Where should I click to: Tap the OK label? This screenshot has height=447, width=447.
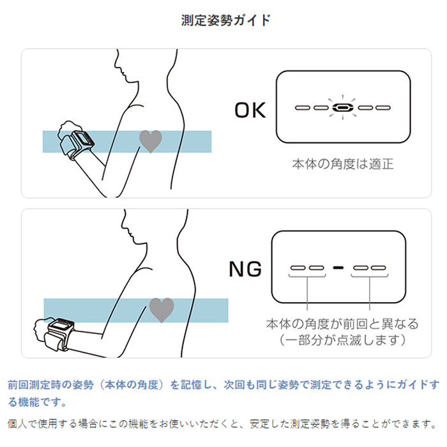pos(250,110)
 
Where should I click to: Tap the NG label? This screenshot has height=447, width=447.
pos(246,269)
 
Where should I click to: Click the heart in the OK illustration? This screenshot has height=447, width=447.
pos(151,140)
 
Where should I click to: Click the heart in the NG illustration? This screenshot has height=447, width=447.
pos(161,310)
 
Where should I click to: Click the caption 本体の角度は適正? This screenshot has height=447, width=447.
pos(342,163)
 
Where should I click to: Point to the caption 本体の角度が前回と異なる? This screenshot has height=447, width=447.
pos(342,324)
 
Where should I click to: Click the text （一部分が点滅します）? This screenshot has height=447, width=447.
pos(342,340)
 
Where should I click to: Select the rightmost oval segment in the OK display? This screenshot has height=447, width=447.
pos(382,107)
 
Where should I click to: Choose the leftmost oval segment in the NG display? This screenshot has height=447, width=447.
pos(298,268)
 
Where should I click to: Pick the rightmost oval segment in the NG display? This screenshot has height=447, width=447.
pos(380,268)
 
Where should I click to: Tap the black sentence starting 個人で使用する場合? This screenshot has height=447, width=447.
pos(223,423)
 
